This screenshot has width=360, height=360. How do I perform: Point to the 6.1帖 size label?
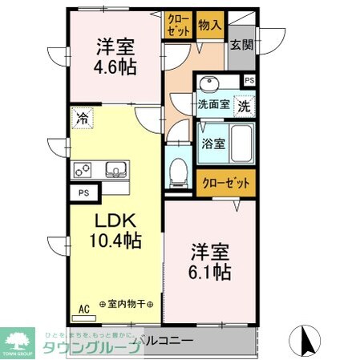pyautogui.click(x=211, y=272)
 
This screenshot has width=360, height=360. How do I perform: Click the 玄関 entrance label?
pyautogui.click(x=240, y=43)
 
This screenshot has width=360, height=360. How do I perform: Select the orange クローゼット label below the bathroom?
pyautogui.click(x=226, y=183)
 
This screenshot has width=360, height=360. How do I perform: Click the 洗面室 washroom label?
pyautogui.click(x=213, y=104)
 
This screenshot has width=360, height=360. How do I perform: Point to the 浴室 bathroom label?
pyautogui.click(x=212, y=145)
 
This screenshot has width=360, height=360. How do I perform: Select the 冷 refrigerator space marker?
pyautogui.click(x=81, y=118)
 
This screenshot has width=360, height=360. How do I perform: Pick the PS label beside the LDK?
pyautogui.click(x=83, y=193)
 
